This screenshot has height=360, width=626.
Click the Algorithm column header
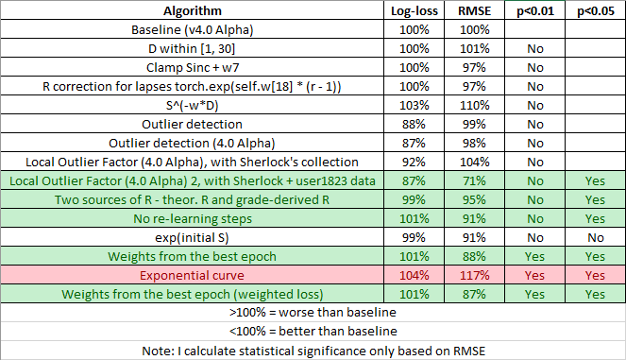[193, 11]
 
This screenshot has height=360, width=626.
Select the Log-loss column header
[414, 11]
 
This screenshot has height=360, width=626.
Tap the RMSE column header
[473, 11]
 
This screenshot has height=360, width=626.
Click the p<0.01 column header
[533, 11]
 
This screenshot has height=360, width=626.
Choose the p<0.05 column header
[594, 11]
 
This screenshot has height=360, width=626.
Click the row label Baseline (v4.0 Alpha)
[193, 29]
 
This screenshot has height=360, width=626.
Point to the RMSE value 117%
[473, 275]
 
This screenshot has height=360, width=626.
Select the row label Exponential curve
[193, 275]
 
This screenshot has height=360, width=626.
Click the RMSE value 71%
[473, 180]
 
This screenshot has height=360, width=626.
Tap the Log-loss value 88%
[414, 124]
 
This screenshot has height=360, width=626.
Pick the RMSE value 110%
[473, 105]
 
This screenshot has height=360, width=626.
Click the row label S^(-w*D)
[193, 105]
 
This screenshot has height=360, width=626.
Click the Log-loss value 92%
[414, 162]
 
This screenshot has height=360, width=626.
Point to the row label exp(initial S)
[193, 237]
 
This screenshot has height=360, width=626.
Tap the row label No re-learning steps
[193, 218]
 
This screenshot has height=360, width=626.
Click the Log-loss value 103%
[414, 105]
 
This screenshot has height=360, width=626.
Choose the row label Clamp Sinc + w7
[193, 67]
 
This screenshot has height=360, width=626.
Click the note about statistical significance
[313, 351]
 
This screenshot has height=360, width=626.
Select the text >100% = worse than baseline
[313, 313]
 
